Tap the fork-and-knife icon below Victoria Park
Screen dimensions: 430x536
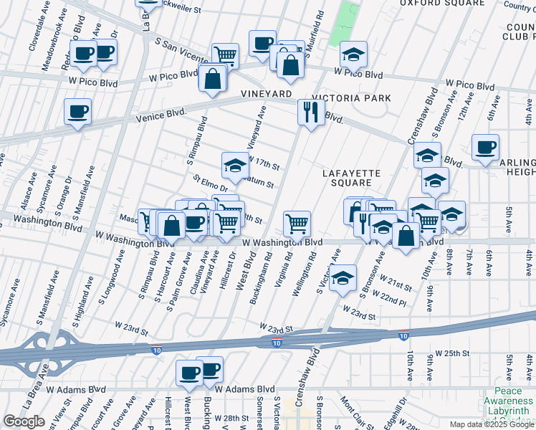pos(311,112)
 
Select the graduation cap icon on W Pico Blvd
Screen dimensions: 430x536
pos(353,54)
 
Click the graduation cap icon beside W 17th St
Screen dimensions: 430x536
pos(234,166)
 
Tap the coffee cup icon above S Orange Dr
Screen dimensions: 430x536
pos(77,111)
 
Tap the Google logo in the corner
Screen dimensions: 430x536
pos(24,421)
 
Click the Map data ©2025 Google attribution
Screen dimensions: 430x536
pos(492,424)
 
